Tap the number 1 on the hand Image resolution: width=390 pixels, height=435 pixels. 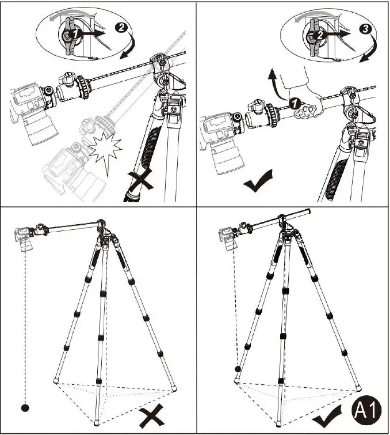(x=293, y=103)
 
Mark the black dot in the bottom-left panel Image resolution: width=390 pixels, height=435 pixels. (x=25, y=408)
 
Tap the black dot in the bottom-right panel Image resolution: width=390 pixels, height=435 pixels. (x=236, y=369)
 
